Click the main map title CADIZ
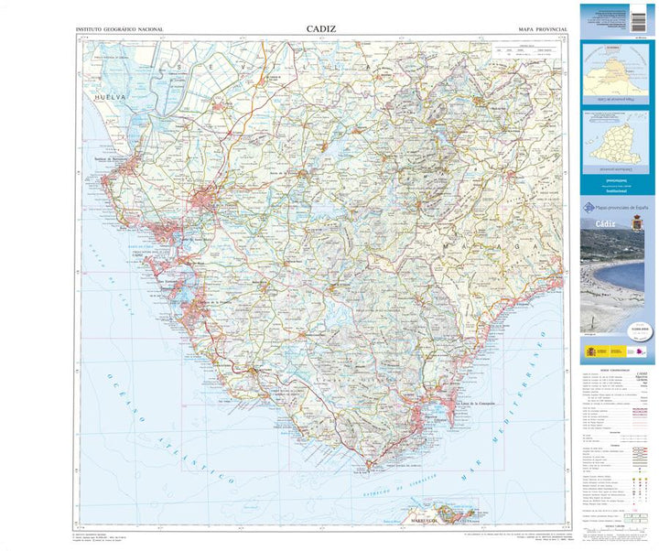321,29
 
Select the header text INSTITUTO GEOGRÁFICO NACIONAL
119,30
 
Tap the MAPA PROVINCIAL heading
543,30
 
